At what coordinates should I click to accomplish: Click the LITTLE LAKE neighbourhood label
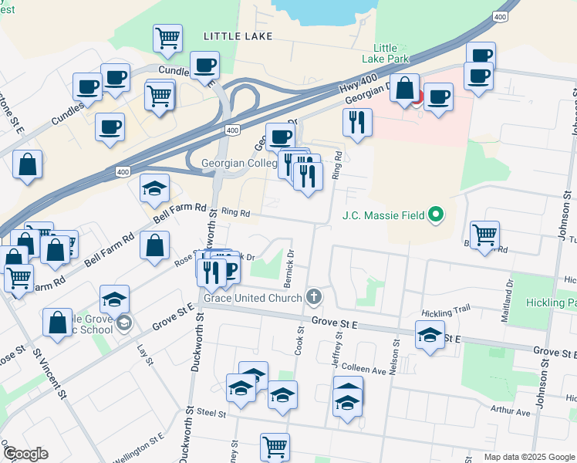pos(231,35)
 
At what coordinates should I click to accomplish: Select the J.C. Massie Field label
pos(384,215)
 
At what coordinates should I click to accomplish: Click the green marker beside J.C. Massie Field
pos(436,215)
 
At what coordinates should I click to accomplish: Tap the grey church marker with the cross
pos(313,296)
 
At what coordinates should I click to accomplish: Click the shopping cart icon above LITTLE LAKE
pos(167,36)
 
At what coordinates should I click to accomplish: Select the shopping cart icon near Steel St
pos(275,445)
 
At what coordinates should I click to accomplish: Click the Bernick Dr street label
pos(291,263)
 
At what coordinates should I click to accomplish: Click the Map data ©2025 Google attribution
pos(528,457)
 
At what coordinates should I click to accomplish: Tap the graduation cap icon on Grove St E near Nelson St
pos(430,335)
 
